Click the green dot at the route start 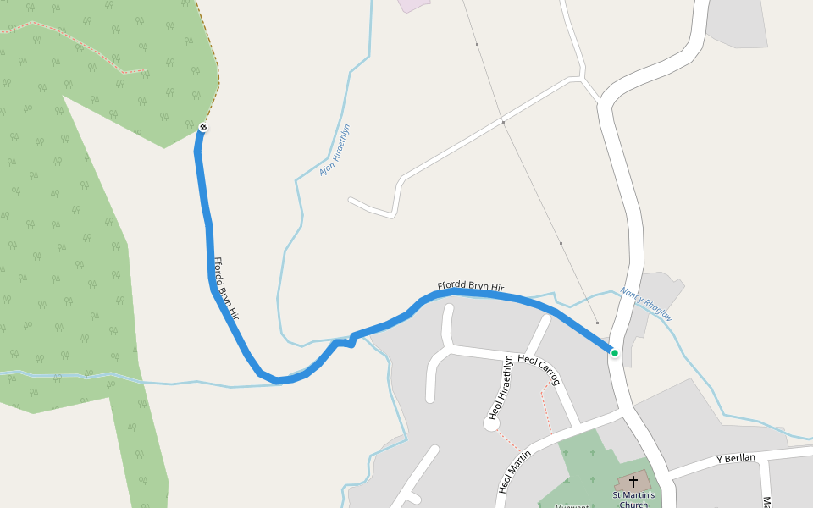pyautogui.click(x=614, y=352)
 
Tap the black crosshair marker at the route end pyautogui.click(x=202, y=128)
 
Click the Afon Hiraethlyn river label pyautogui.click(x=335, y=150)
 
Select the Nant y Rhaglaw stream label pyautogui.click(x=646, y=303)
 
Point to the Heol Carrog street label pyautogui.click(x=539, y=369)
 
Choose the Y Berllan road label pyautogui.click(x=735, y=459)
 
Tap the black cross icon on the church pyautogui.click(x=633, y=481)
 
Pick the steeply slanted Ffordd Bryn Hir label pyautogui.click(x=226, y=289)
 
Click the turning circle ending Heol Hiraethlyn pyautogui.click(x=491, y=423)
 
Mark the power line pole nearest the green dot pyautogui.click(x=597, y=323)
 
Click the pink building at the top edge pyautogui.click(x=413, y=4)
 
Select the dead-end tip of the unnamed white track pyautogui.click(x=351, y=201)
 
